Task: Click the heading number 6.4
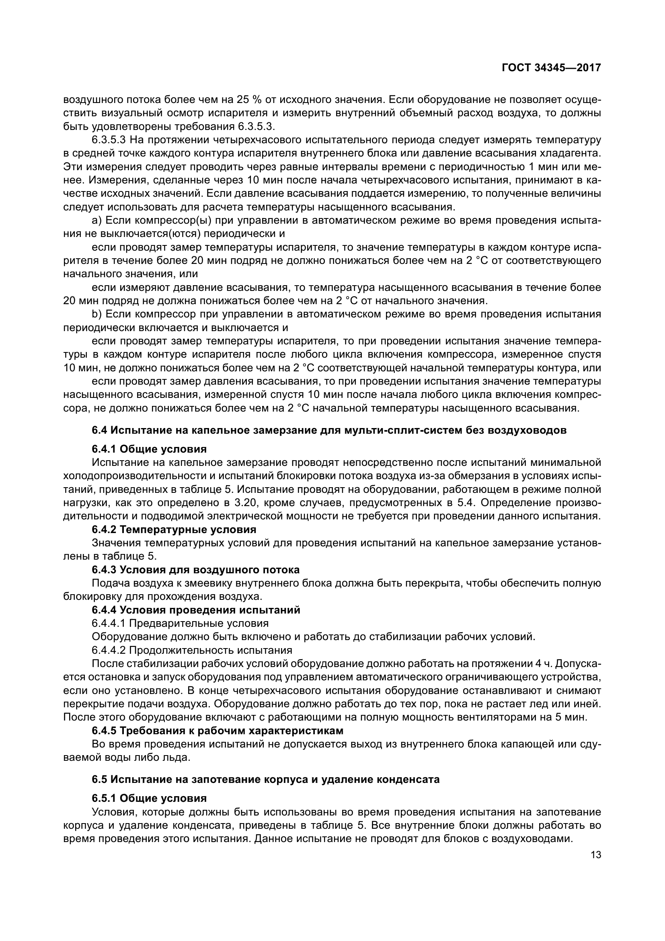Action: (99, 430)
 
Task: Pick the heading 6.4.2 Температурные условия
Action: (174, 529)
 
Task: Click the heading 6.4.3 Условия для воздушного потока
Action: (195, 570)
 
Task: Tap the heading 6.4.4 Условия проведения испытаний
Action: (196, 610)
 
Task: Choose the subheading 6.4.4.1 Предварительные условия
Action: (180, 623)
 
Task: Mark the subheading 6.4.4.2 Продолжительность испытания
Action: (192, 650)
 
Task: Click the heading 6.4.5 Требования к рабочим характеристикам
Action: (218, 730)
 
